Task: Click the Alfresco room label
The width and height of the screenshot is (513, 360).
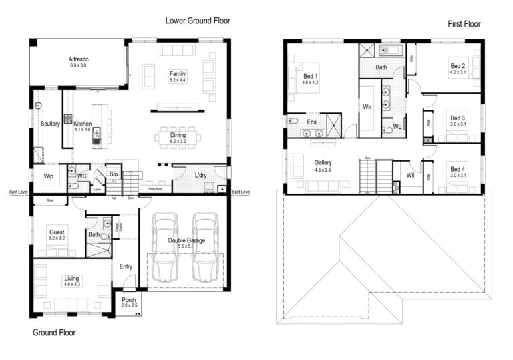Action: (x=79, y=60)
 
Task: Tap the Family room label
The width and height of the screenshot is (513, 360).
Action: (x=177, y=73)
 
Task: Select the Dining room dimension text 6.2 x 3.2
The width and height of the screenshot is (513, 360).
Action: (x=178, y=142)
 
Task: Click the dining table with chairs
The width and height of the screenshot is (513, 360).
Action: (x=178, y=137)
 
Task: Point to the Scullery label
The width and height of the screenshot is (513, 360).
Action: (x=50, y=124)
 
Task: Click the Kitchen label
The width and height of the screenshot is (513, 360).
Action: (x=83, y=124)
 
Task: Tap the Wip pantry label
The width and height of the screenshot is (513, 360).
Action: (x=48, y=176)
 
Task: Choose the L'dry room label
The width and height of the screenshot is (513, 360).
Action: (x=201, y=176)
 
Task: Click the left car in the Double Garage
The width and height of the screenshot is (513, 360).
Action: (x=166, y=246)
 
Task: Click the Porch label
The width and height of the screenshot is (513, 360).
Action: (x=128, y=300)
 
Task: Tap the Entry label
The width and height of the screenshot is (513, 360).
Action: (x=126, y=267)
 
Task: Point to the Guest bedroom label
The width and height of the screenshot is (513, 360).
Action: (x=57, y=232)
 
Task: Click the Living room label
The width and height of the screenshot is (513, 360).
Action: (x=71, y=278)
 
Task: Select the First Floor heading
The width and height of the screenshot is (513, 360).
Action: (x=464, y=24)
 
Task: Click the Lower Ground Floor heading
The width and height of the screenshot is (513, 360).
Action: (x=198, y=21)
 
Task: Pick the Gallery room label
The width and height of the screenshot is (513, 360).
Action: (x=323, y=162)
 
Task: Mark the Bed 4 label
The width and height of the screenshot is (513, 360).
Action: (x=457, y=169)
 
